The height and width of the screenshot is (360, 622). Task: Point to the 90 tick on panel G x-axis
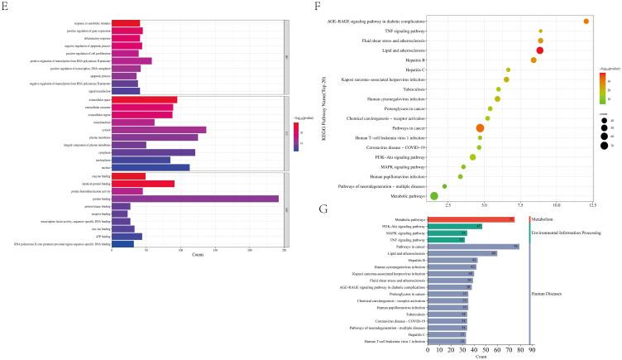[532, 350]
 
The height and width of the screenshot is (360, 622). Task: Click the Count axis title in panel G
[479, 357]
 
